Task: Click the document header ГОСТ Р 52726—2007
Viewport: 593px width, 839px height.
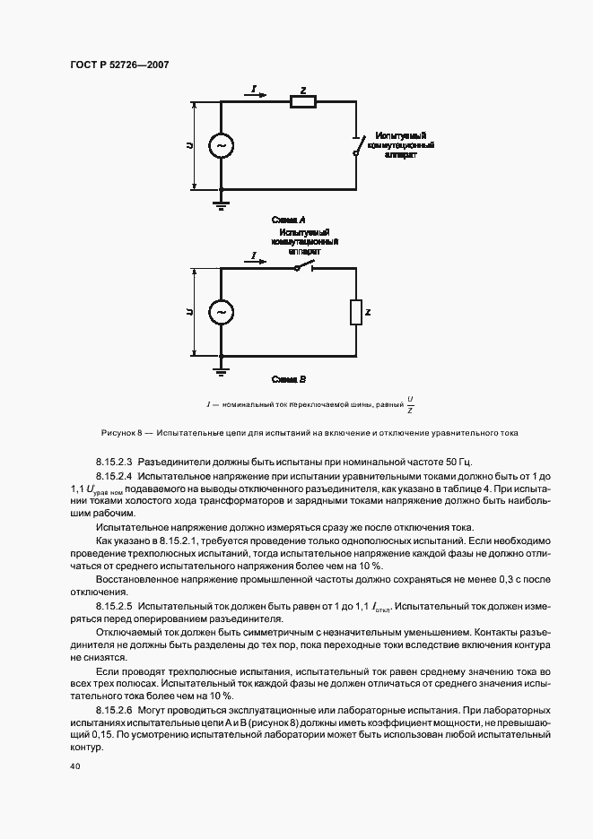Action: coord(119,65)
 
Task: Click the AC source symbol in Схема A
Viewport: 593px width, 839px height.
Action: coord(219,145)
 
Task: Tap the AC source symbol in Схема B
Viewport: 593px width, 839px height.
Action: coord(219,312)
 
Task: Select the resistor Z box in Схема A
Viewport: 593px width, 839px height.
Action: coord(302,103)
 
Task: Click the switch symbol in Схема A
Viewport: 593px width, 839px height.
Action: coord(359,143)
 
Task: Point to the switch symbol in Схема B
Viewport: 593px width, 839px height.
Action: coord(303,268)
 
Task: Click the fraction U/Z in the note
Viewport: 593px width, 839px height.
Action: coord(410,405)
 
